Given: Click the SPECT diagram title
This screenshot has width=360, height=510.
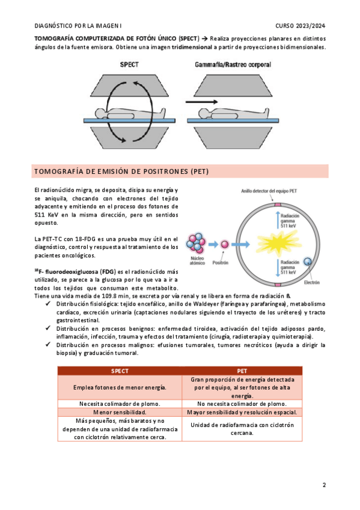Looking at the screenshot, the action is [129, 64].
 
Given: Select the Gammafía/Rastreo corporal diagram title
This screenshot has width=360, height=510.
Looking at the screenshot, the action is [233, 64].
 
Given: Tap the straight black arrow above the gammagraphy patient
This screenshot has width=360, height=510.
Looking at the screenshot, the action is [202, 102].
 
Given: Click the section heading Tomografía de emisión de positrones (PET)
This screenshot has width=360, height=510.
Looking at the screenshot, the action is [121, 171].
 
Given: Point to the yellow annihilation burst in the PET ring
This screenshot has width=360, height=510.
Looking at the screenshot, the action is [278, 242].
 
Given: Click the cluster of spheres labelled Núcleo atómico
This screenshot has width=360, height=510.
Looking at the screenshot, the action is [196, 243].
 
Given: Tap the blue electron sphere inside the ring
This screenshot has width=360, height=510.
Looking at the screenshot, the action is [307, 261].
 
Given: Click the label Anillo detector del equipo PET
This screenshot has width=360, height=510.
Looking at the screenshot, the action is [269, 191].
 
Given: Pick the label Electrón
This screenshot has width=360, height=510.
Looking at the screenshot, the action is [311, 282].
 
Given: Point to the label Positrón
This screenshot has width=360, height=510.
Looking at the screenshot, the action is [221, 262].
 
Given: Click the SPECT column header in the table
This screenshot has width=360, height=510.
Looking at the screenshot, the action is [120, 371].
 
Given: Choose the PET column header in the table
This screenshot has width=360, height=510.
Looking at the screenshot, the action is [242, 371].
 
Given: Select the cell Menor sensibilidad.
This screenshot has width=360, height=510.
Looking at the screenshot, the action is [120, 412].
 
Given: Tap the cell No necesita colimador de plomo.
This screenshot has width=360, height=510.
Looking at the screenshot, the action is [242, 404].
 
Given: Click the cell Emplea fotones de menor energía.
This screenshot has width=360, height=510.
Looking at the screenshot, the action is [120, 387].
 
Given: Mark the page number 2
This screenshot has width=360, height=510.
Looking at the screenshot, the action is [324, 485].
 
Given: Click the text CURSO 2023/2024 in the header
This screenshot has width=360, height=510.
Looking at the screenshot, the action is [301, 26].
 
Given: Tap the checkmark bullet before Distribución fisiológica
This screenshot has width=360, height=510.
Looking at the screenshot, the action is [48, 304].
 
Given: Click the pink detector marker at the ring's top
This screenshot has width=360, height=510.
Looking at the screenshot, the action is [278, 204].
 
